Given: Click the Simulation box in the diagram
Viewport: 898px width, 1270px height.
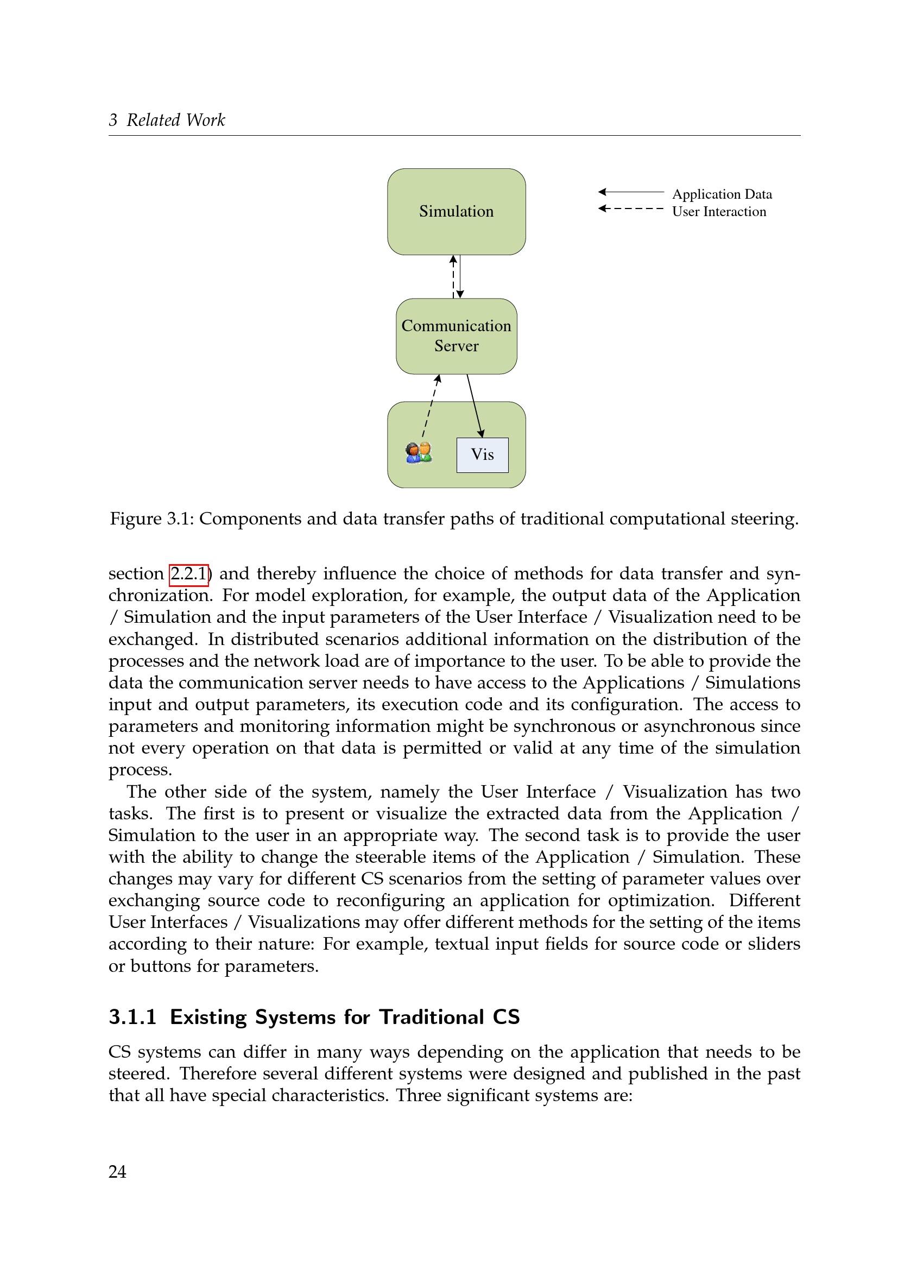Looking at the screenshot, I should (x=456, y=211).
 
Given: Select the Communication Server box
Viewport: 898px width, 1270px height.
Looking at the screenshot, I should (x=456, y=336).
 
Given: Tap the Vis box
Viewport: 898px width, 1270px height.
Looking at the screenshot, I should (x=482, y=454).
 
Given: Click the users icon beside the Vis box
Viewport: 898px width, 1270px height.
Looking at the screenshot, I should (x=419, y=452).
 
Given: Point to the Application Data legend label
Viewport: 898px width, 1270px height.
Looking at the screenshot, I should (x=722, y=194).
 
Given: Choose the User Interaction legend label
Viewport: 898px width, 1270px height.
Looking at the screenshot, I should (x=719, y=212).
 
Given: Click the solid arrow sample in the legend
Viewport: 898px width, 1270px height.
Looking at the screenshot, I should (x=631, y=192).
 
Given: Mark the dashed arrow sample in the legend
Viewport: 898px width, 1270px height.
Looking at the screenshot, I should (x=631, y=208).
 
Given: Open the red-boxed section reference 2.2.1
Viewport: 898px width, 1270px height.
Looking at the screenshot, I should (x=188, y=573).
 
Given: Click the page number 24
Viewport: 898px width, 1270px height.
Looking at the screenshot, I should (x=117, y=1172).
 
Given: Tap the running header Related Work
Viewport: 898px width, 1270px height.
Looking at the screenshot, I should (x=176, y=120).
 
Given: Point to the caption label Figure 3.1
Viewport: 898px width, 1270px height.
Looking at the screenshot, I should (x=151, y=519).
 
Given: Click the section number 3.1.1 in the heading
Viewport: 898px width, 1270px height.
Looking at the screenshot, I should (x=132, y=1017).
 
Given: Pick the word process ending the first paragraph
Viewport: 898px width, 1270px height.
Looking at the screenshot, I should (x=140, y=770).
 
